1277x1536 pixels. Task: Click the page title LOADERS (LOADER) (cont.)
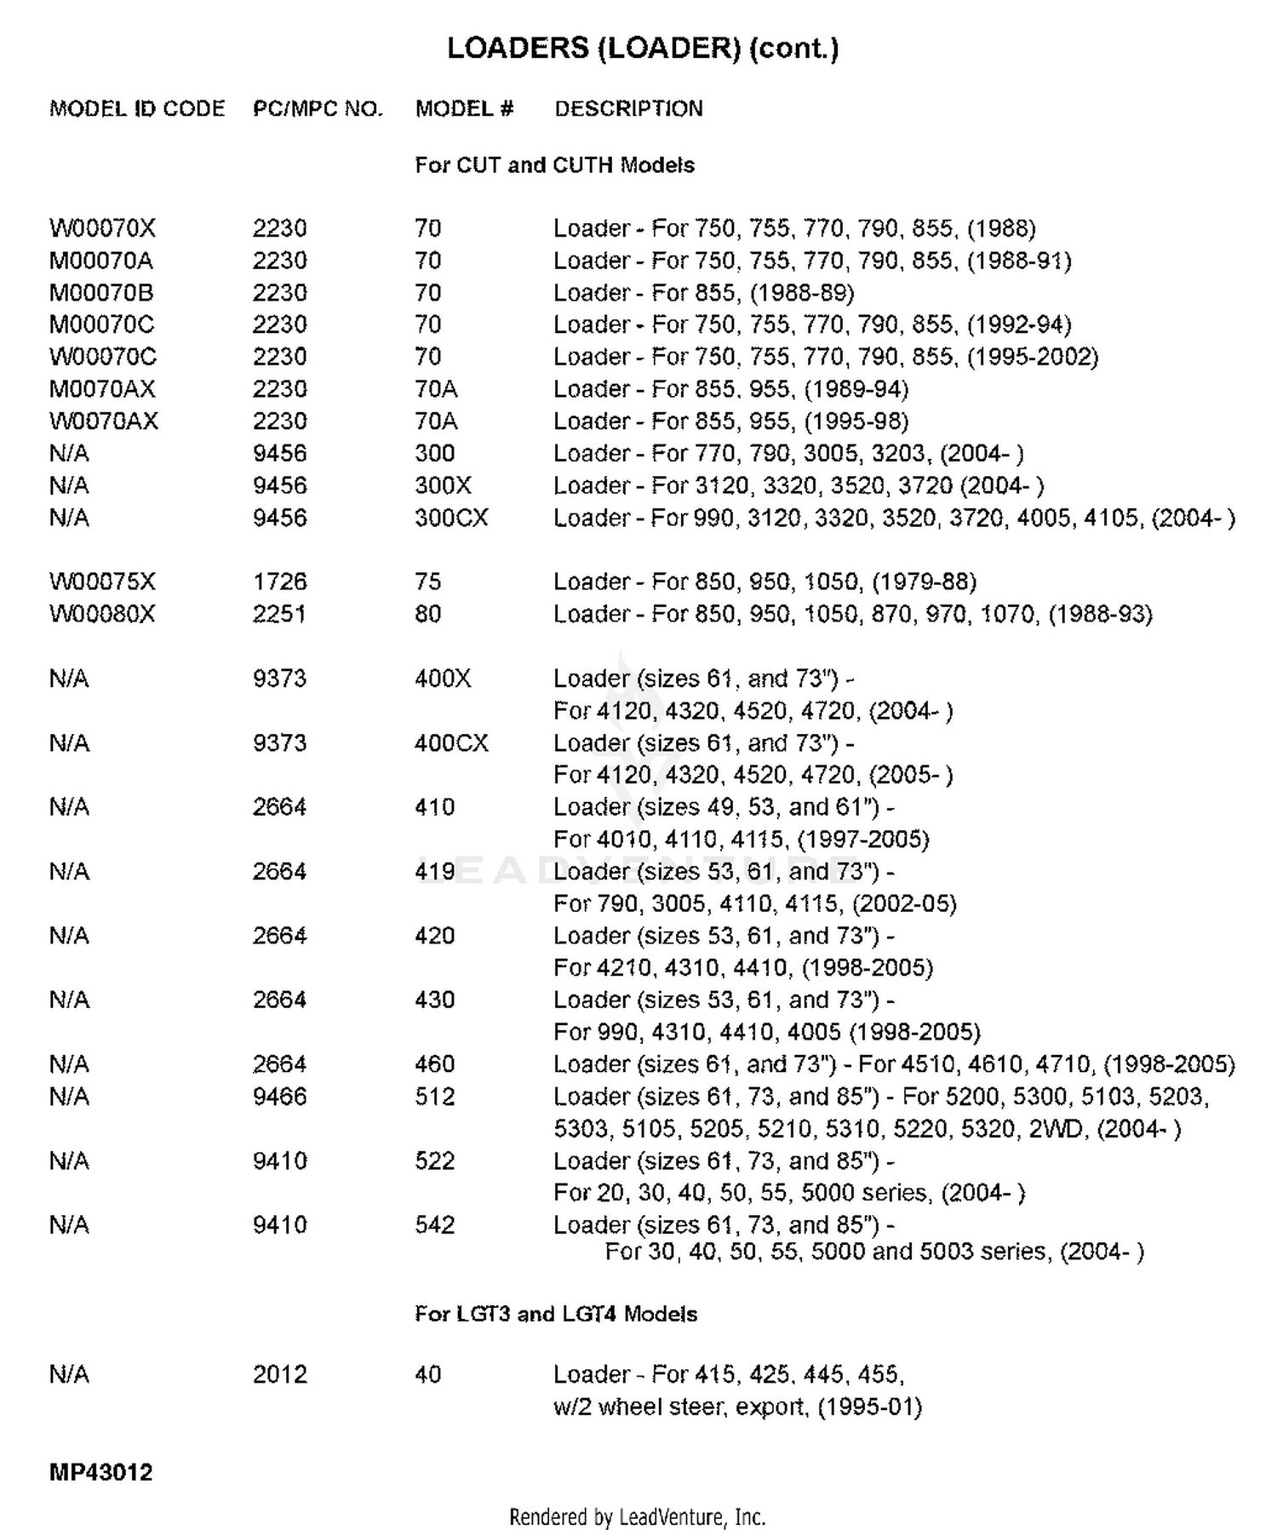tap(643, 48)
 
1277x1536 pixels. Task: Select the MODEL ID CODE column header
tap(137, 109)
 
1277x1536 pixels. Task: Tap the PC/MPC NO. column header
tap(318, 109)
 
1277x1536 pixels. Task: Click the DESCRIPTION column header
tap(628, 109)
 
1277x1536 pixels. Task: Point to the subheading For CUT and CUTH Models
tap(554, 165)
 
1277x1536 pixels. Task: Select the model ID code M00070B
tap(101, 293)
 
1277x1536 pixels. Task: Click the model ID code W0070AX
tap(103, 421)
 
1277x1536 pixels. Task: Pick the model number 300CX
tap(451, 518)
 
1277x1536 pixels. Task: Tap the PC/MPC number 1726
tap(279, 582)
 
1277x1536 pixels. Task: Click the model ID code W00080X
tap(102, 614)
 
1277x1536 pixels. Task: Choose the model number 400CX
tap(451, 743)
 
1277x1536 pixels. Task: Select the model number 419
tap(435, 872)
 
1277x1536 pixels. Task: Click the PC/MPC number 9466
tap(279, 1097)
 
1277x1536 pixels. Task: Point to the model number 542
tap(435, 1225)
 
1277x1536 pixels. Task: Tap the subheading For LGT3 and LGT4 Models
tap(555, 1314)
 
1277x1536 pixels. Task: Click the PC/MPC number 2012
tap(279, 1374)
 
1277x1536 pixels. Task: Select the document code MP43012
tap(100, 1472)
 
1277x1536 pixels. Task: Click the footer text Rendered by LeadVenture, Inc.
tap(637, 1516)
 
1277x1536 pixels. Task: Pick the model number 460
tap(435, 1064)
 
